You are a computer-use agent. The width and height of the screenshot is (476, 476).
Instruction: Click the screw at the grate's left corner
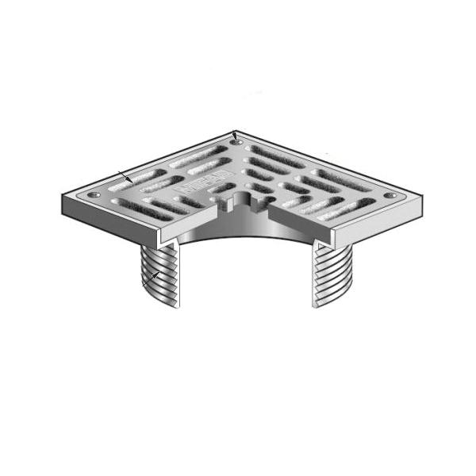pos(94,194)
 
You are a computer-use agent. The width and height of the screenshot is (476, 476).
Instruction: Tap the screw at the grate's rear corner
pos(236,143)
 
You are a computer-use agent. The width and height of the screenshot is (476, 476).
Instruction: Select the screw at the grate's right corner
pos(389,195)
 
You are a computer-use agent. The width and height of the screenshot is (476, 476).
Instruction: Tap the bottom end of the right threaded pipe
pos(321,305)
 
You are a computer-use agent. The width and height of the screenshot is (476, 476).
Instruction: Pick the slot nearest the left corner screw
pos(127,203)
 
